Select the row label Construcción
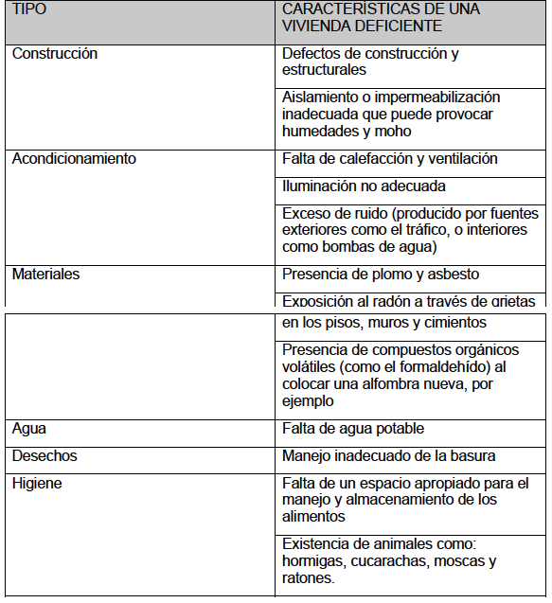click(x=55, y=54)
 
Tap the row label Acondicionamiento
click(x=74, y=159)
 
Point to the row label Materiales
click(x=45, y=275)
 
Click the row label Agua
click(x=29, y=429)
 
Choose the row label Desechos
click(x=45, y=456)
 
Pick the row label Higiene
click(x=38, y=483)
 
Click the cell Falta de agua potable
click(x=353, y=429)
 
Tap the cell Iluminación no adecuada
click(x=364, y=186)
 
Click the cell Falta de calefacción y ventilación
click(x=390, y=159)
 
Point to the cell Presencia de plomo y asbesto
click(x=381, y=275)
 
